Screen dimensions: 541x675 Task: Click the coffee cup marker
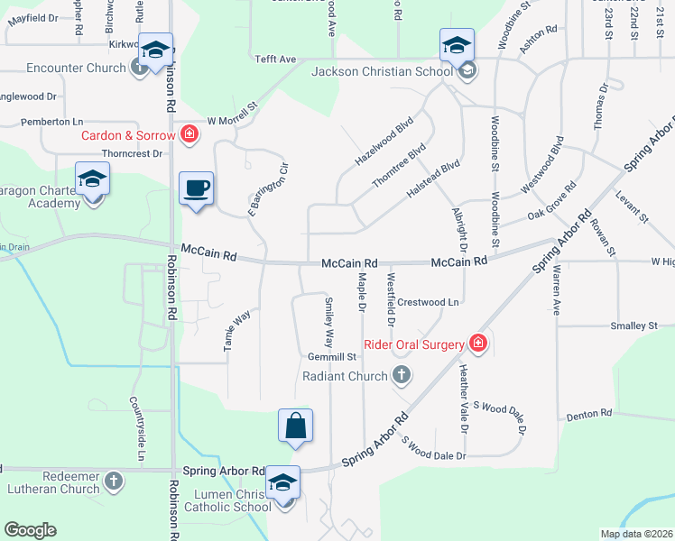coord(196,188)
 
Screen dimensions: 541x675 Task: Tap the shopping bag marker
coord(296,425)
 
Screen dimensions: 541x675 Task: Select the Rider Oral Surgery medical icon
coord(477,344)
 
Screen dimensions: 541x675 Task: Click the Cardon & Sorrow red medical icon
coord(189,136)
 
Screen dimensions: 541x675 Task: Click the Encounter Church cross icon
coord(139,68)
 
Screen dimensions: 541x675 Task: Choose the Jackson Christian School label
coord(383,71)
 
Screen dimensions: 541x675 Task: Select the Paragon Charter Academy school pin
coord(92,179)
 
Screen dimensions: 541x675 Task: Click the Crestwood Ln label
coord(429,302)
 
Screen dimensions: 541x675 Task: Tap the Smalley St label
coord(633,326)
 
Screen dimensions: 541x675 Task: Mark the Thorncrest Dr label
coord(132,153)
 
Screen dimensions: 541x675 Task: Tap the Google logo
coord(30,530)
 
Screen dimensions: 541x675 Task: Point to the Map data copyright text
coord(636,534)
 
